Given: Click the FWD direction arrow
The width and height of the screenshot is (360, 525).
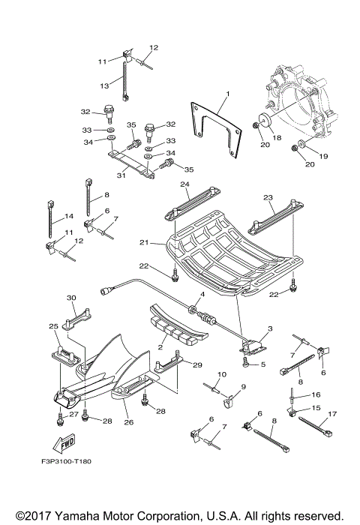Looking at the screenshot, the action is tap(64, 444).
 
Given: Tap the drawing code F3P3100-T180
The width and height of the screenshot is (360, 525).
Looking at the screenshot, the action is tap(67, 461).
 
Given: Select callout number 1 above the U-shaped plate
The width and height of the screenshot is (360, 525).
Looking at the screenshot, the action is tap(228, 94).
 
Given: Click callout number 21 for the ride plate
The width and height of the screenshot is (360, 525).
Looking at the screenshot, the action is tap(144, 242).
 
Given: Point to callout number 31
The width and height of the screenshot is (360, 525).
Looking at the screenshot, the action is tap(121, 175).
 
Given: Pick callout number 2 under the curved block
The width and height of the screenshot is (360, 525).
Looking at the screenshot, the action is tap(160, 347).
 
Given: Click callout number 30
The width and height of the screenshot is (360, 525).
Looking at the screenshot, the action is tap(72, 298).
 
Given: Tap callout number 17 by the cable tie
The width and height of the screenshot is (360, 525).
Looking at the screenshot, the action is tap(331, 414).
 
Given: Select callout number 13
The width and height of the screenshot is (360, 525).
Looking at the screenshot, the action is tap(104, 85).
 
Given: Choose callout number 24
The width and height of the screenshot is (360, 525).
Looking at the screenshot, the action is tap(184, 184).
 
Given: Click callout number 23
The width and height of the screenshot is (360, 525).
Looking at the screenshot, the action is tap(268, 198).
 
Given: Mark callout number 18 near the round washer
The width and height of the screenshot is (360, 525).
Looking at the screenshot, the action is tap(277, 137).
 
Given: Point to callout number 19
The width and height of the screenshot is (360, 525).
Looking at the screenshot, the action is tap(323, 156).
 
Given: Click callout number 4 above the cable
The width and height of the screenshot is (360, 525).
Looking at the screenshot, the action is tap(202, 294).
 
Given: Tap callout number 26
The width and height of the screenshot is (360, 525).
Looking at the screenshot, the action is tap(129, 422).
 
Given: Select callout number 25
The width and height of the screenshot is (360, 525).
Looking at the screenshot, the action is tap(53, 325).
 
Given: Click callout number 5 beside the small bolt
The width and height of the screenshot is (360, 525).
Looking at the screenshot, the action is tap(263, 364).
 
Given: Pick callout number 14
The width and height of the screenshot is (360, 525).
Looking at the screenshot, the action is tap(69, 216).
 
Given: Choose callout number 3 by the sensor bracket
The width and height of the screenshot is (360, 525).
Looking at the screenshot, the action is tap(270, 328).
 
